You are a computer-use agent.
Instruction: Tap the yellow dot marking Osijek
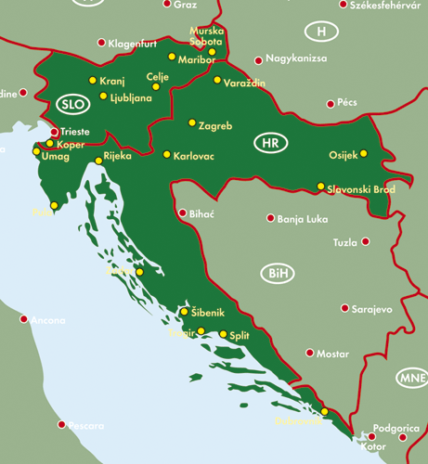[364, 153]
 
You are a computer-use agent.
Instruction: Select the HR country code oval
[269, 144]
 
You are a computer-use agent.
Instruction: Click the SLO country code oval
[71, 103]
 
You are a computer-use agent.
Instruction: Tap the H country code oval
[321, 32]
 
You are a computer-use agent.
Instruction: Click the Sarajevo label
[373, 308]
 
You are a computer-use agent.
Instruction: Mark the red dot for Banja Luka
[271, 219]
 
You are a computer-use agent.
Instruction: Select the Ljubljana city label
[131, 97]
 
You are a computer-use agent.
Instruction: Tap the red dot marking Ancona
[24, 318]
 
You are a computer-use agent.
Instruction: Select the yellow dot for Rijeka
[98, 161]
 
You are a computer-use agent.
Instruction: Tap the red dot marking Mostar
[308, 353]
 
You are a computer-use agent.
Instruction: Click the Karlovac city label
[194, 156]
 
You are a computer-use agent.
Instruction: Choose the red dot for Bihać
[182, 213]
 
